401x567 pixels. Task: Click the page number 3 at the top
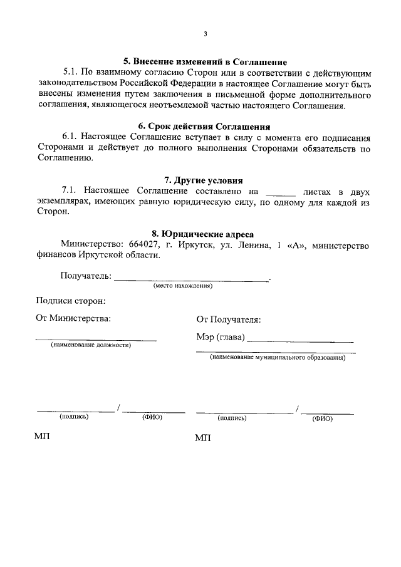pos(205,34)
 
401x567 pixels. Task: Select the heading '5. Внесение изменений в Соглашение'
pos(205,62)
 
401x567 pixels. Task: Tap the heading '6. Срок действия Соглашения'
pos(205,125)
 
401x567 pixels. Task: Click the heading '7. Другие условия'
pos(205,179)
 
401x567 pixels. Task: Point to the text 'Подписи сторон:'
pos(71,301)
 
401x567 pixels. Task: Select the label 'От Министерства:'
pos(74,318)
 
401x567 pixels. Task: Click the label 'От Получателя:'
pos(228,320)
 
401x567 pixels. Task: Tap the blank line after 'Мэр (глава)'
pos(301,339)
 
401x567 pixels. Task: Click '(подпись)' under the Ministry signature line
pos(74,417)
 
